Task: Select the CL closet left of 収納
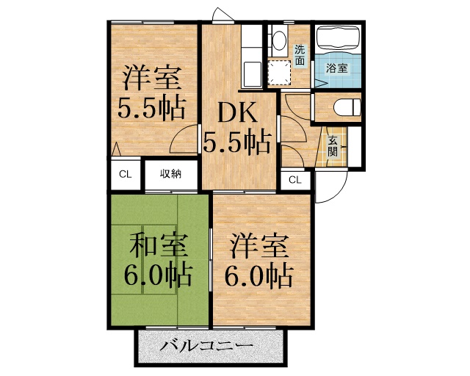125,174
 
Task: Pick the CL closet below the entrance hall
294,179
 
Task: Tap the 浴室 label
337,68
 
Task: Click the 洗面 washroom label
300,56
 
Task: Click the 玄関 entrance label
332,147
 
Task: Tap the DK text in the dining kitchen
235,113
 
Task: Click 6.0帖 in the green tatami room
159,275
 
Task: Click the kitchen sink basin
250,72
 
